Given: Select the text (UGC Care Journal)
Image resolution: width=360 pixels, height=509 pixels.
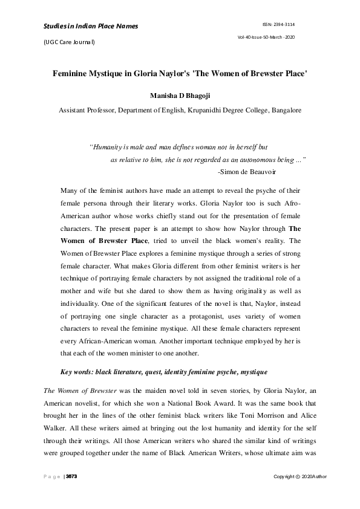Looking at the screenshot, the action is [68, 42].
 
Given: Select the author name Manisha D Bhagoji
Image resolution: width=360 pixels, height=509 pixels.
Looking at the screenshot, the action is [180, 96].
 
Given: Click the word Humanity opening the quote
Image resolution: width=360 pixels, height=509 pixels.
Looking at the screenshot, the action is [108, 147].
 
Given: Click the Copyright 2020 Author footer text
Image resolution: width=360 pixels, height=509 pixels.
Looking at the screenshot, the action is [300, 478].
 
